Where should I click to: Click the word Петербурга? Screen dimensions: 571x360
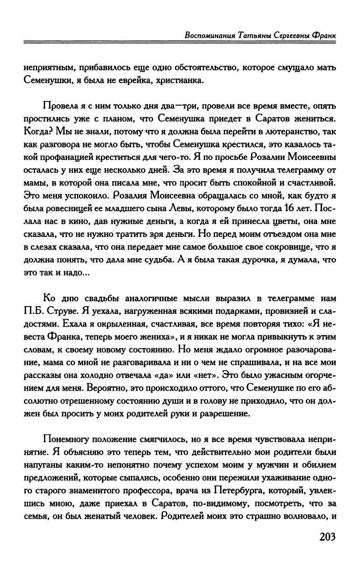click(x=241, y=487)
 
